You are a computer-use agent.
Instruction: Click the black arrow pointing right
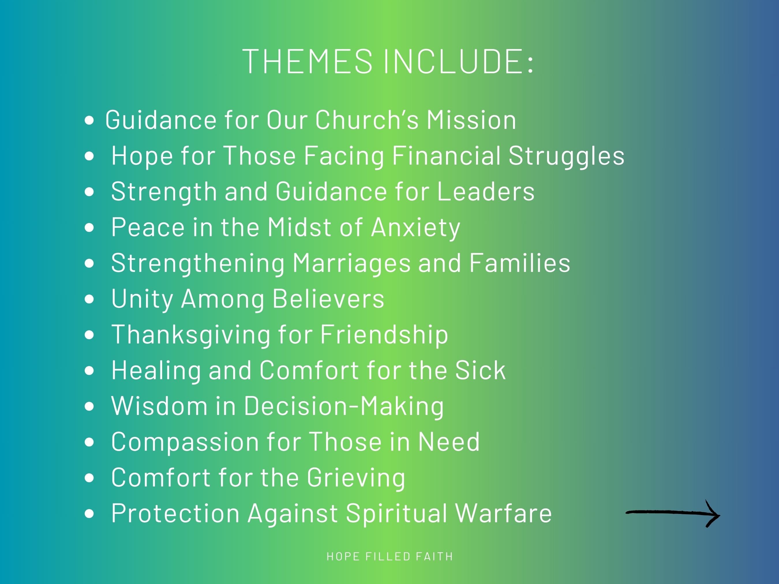[672, 513]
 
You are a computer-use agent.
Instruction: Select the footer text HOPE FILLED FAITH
[389, 557]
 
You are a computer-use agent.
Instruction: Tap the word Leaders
[486, 191]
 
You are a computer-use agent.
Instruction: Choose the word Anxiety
[415, 228]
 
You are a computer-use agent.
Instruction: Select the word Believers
[328, 299]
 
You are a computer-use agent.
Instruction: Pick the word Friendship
[384, 335]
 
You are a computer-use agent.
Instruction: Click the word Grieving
[356, 478]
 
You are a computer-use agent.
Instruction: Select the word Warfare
[503, 513]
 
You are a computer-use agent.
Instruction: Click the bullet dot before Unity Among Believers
[89, 299]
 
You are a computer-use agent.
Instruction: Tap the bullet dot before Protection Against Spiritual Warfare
[89, 514]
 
